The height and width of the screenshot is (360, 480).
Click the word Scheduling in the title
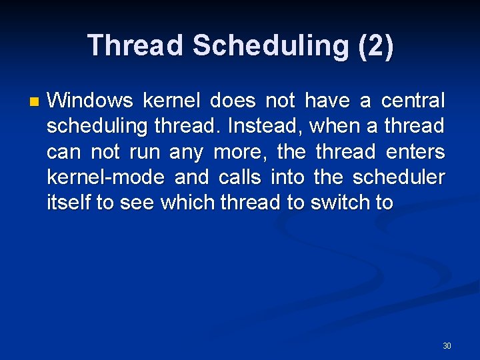coord(269,45)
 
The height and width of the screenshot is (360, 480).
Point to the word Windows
coord(91,101)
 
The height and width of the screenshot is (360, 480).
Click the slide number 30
coord(447,345)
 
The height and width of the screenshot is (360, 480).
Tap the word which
coord(183,202)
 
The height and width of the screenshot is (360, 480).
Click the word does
coord(233,101)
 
